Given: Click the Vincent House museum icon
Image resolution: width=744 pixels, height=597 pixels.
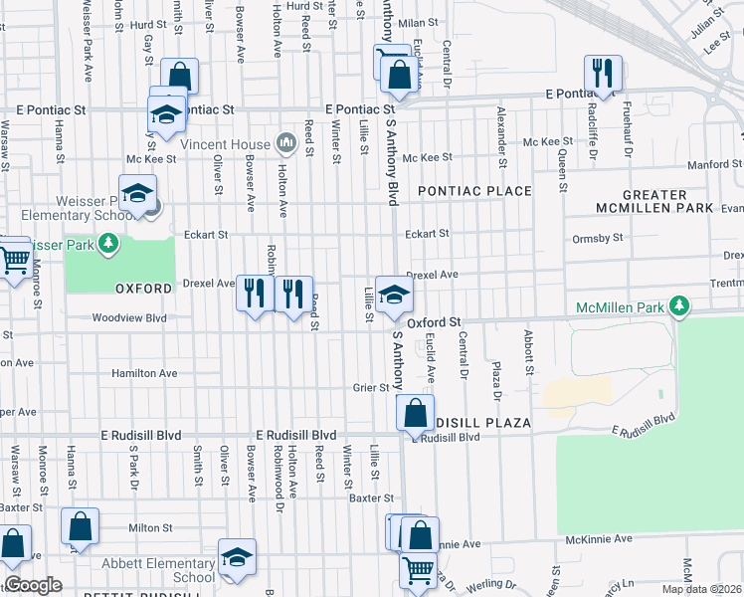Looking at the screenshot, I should point(287,145).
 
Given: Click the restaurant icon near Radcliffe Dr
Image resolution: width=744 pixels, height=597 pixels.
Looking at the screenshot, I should point(603,73).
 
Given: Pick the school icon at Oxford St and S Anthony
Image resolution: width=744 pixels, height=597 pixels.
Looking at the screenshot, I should point(395,294).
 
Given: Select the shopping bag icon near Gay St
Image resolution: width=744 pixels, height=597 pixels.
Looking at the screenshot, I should point(179,77).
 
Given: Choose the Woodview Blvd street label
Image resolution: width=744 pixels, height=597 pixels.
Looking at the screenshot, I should point(128,318).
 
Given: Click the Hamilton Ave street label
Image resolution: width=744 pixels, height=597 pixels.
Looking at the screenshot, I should point(143,373).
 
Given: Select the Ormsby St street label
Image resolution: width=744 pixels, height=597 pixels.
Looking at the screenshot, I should point(597,238).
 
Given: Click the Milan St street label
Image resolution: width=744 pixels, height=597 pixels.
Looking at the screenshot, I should point(419,22).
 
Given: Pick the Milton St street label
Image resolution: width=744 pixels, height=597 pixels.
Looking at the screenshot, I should point(150,527).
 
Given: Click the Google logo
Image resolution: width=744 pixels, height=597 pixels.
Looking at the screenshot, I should point(33,585).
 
